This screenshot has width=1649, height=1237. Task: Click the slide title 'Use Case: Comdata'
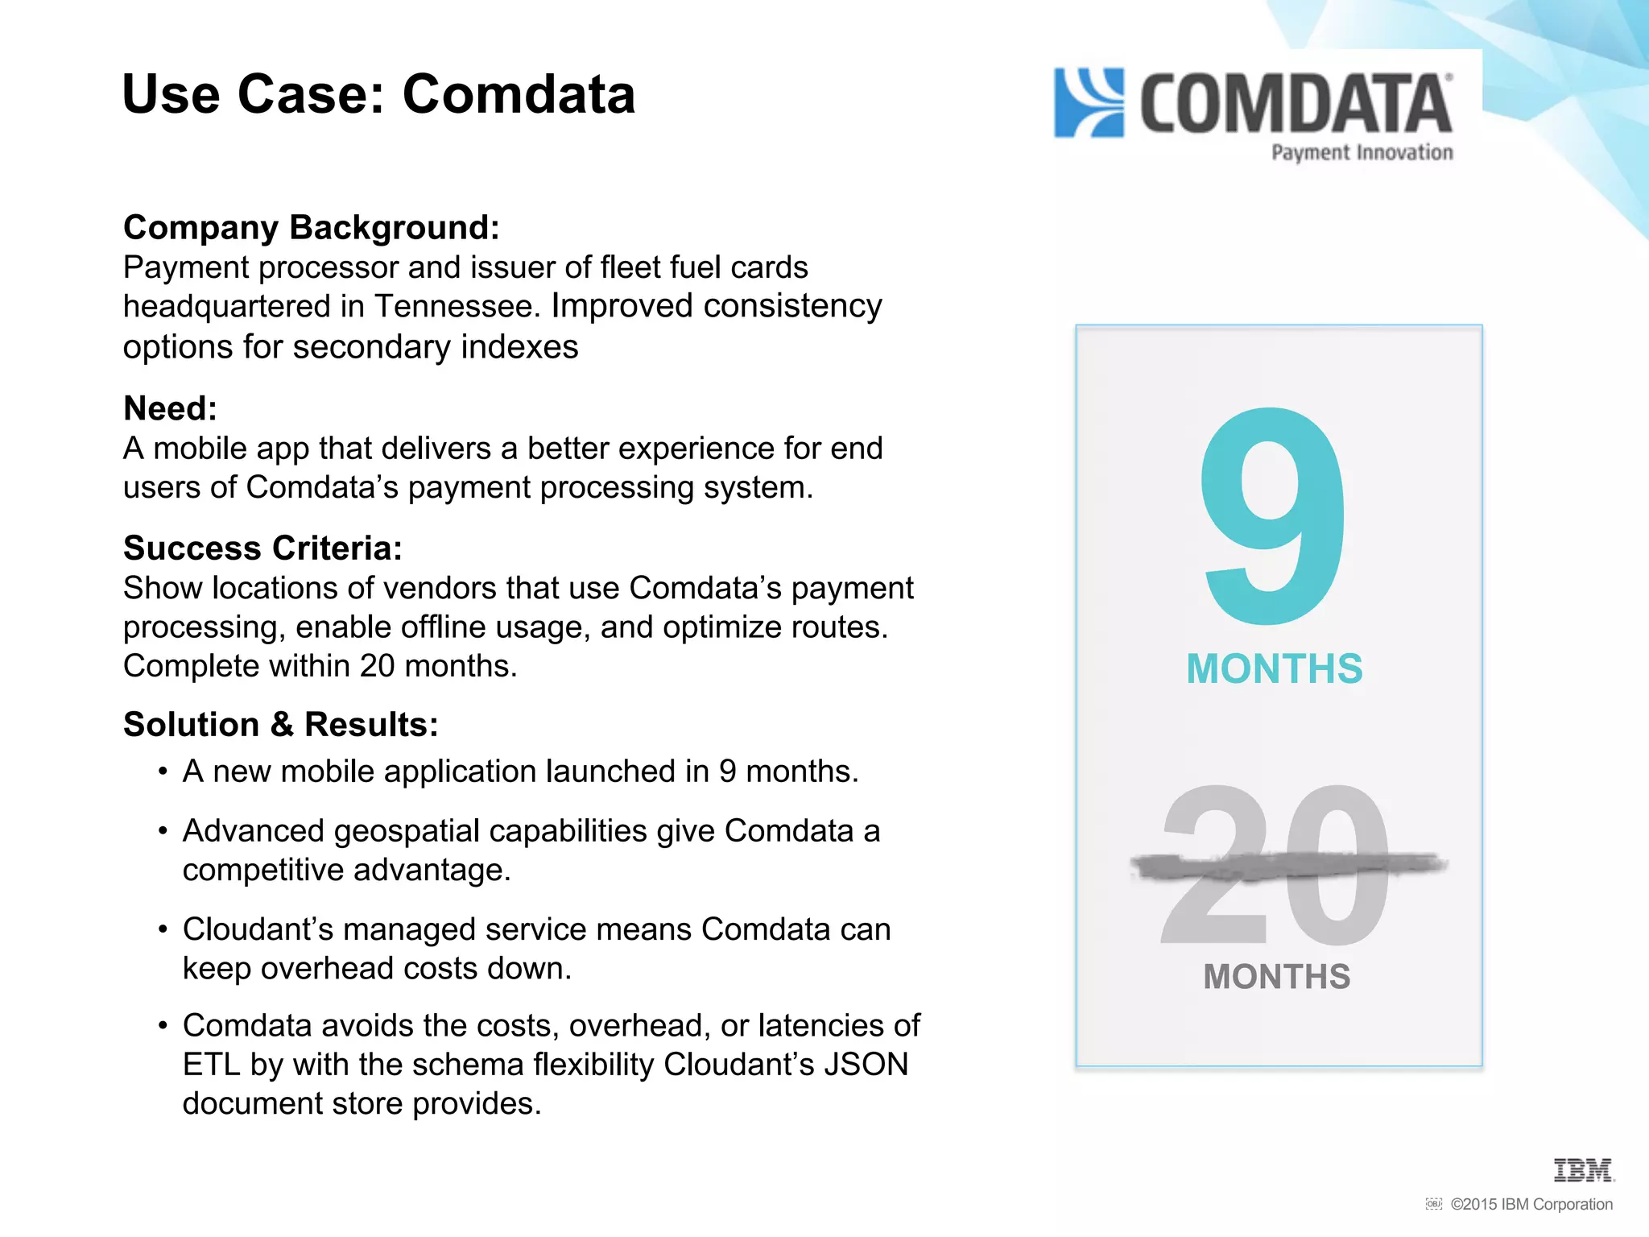[378, 94]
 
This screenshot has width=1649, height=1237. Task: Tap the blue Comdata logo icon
[1089, 103]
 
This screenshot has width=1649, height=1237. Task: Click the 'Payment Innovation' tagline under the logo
[1362, 152]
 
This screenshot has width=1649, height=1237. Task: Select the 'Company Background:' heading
[311, 227]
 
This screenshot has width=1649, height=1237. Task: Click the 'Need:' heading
[170, 408]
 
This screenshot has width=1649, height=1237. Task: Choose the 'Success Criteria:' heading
[262, 548]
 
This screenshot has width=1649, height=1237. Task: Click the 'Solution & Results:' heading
[280, 725]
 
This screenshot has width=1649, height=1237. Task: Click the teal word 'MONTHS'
[1275, 669]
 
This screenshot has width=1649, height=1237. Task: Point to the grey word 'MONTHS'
[1277, 977]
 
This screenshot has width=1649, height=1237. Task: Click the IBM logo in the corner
[1583, 1170]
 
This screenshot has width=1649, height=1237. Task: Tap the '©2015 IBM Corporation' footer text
[1531, 1205]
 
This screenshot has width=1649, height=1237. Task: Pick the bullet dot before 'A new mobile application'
[163, 772]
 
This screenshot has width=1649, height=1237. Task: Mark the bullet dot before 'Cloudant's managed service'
[163, 930]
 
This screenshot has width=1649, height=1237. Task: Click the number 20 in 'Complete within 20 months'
[377, 667]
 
